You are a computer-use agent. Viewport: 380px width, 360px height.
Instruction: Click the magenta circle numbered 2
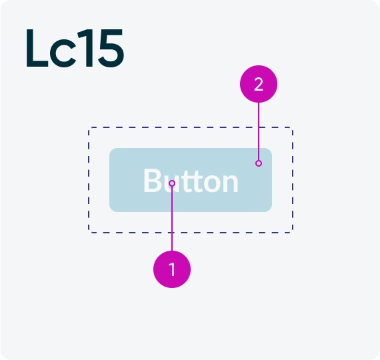259,84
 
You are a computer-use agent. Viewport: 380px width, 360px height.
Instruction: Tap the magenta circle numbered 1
172,269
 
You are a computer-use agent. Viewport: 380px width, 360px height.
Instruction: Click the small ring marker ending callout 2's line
259,163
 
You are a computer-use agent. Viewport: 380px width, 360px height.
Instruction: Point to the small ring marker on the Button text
172,183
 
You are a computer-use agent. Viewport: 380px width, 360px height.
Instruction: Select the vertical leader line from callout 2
259,131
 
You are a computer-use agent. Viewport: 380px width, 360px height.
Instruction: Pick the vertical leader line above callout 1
172,219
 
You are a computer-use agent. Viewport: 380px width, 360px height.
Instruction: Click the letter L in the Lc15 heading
37,48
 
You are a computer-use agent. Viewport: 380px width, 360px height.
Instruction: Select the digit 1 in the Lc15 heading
86,48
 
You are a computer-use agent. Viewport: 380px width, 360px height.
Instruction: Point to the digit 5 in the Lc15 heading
111,48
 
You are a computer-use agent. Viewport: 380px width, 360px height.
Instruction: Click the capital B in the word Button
153,180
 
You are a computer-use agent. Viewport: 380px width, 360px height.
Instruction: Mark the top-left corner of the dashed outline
89,127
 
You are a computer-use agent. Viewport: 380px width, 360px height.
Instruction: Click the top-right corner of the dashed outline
293,127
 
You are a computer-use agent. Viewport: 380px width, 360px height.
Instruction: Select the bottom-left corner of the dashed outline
89,233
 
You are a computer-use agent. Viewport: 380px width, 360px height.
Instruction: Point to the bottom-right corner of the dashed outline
293,233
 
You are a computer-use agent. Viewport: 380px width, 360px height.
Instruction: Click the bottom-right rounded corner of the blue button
270,210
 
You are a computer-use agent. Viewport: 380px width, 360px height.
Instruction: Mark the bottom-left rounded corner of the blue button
111,210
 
